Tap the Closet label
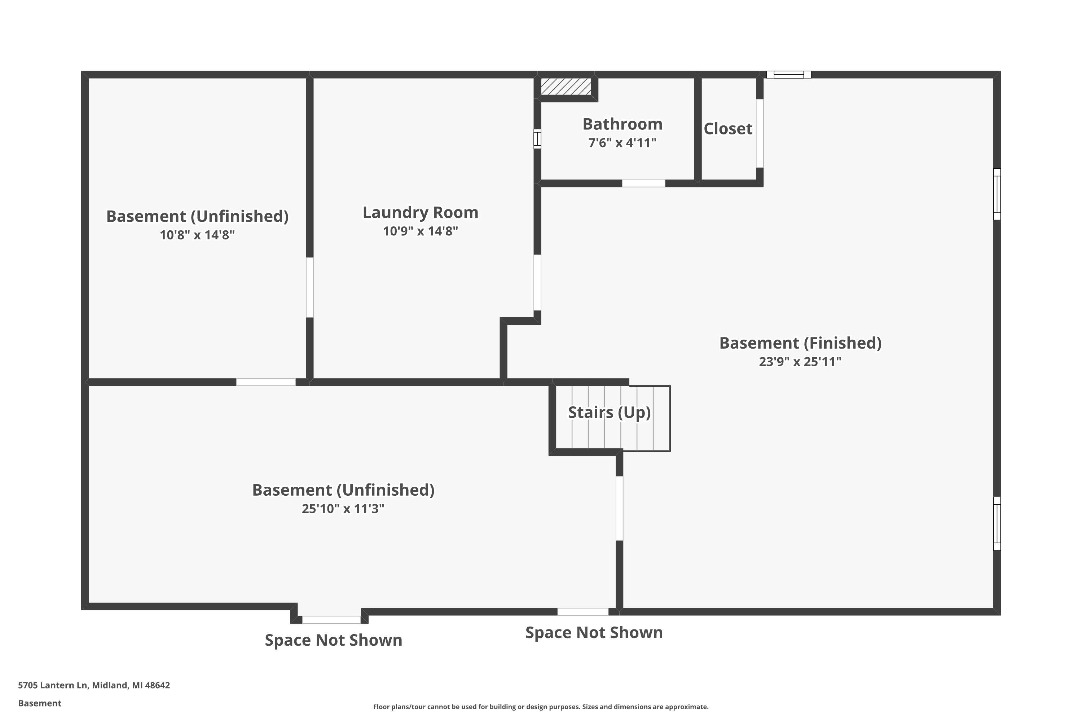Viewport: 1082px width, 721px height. (x=728, y=129)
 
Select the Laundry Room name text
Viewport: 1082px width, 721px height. (x=420, y=212)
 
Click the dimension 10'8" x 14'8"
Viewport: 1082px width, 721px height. (x=197, y=235)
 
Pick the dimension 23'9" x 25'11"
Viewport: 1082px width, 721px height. (x=800, y=362)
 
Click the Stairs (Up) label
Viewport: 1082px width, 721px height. (x=609, y=412)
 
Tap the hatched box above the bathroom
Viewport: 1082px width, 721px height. (x=566, y=87)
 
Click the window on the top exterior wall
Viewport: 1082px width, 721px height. (x=788, y=75)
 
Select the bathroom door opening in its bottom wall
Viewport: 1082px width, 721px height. (x=643, y=183)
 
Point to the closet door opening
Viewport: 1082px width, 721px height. (x=760, y=133)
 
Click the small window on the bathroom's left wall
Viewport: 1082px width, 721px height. (x=537, y=139)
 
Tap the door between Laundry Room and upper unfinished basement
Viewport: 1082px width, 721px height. (x=309, y=287)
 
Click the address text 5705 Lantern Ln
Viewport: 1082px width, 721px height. (x=94, y=685)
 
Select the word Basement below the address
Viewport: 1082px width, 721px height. (x=40, y=703)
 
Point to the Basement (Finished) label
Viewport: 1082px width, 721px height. (x=800, y=343)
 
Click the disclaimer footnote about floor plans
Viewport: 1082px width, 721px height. (x=541, y=707)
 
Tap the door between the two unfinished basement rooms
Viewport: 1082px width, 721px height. (x=266, y=382)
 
